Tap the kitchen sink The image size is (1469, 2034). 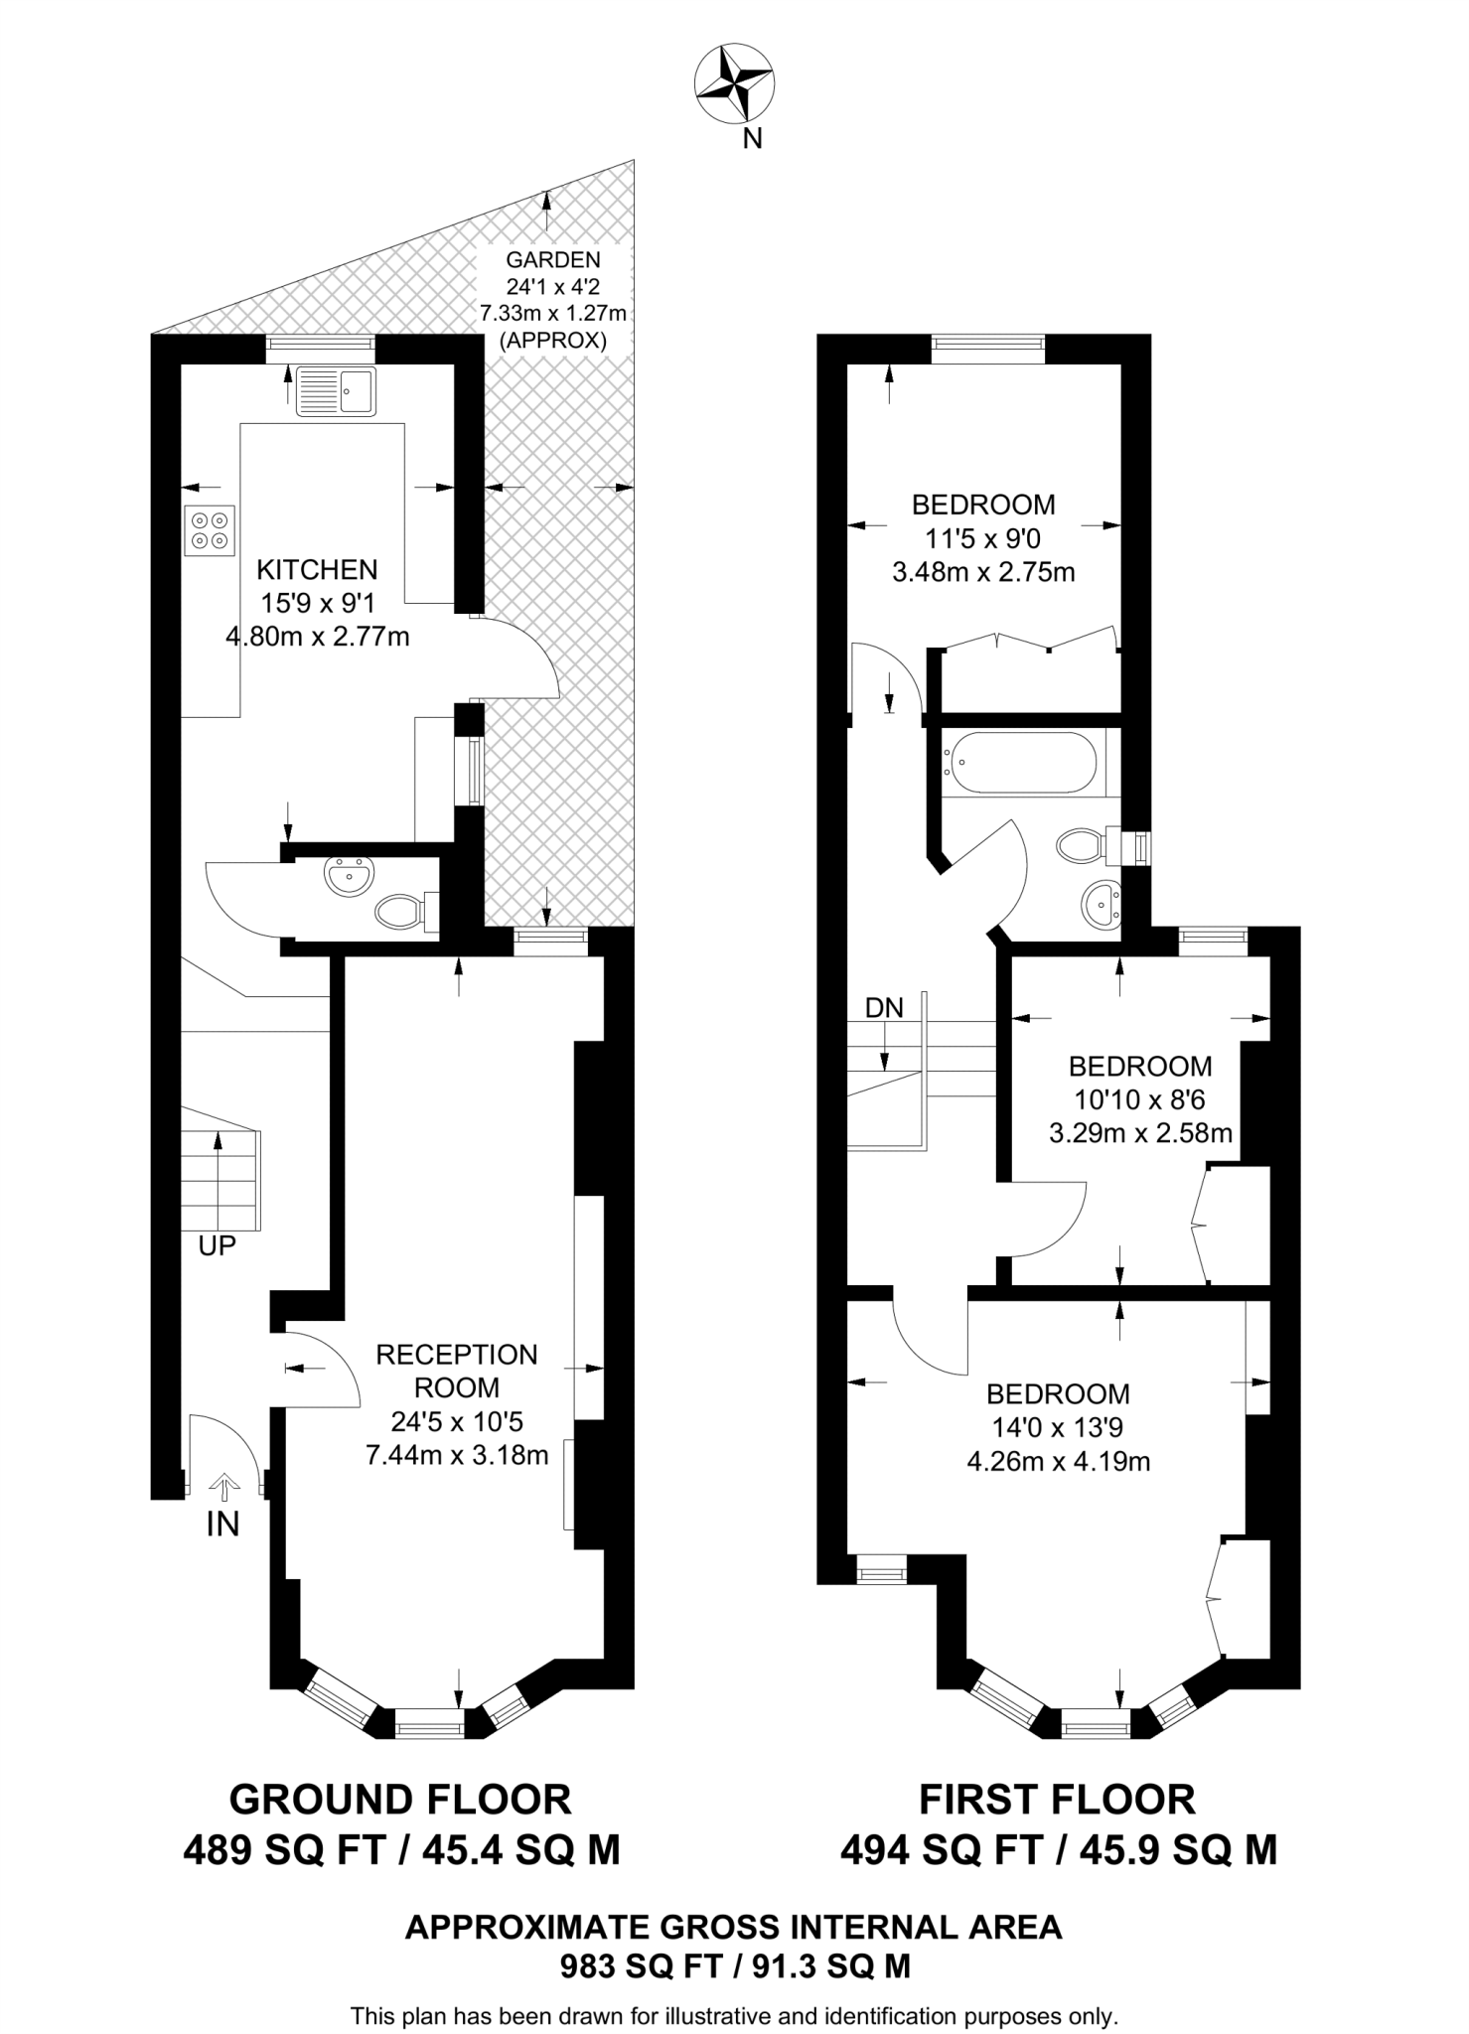coord(335,390)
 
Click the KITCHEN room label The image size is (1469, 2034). coord(317,570)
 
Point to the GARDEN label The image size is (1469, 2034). coord(553,260)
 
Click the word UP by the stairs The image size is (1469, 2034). coord(217,1246)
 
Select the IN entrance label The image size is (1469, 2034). coord(222,1525)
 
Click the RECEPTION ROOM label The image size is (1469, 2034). coord(456,1371)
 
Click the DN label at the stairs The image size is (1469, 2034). coord(884,1009)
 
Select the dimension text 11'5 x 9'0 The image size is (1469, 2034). coord(983,538)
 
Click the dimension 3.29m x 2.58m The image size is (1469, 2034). coord(1140,1132)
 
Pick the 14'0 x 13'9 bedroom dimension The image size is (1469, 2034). coord(1058,1427)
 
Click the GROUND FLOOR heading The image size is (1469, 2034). coord(400,1800)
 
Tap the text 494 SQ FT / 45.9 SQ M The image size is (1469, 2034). coord(1058,1850)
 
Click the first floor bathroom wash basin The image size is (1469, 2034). coord(1101,904)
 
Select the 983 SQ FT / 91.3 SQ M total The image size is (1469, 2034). coord(734,1963)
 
